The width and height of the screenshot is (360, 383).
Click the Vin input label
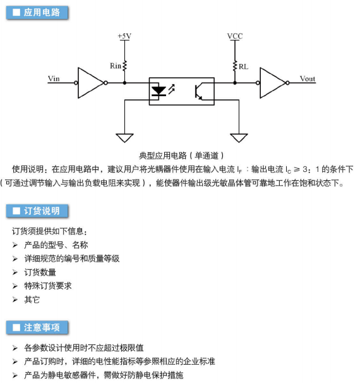(x=54, y=78)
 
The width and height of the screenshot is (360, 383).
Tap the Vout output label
(x=308, y=78)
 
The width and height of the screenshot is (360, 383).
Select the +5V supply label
(x=124, y=36)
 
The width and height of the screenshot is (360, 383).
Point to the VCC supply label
(x=235, y=36)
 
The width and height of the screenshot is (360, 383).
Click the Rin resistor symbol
(x=124, y=66)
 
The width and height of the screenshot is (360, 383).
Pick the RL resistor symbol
(x=235, y=66)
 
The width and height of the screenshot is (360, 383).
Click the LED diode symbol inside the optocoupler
(x=159, y=91)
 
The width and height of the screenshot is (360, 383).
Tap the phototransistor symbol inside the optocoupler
(x=199, y=92)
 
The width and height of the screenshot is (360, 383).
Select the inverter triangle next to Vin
(x=90, y=83)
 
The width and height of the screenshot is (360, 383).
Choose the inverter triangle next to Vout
(x=273, y=83)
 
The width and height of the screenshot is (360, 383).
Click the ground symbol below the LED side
(x=124, y=138)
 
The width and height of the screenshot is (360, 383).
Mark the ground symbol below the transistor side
(x=239, y=138)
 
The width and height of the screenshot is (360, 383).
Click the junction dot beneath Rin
(x=124, y=83)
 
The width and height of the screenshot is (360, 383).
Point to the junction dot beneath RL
(x=235, y=83)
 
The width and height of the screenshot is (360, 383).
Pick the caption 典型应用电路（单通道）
(x=181, y=155)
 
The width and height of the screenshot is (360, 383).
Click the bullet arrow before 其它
(x=15, y=300)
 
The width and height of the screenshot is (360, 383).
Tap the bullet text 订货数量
(x=40, y=272)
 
